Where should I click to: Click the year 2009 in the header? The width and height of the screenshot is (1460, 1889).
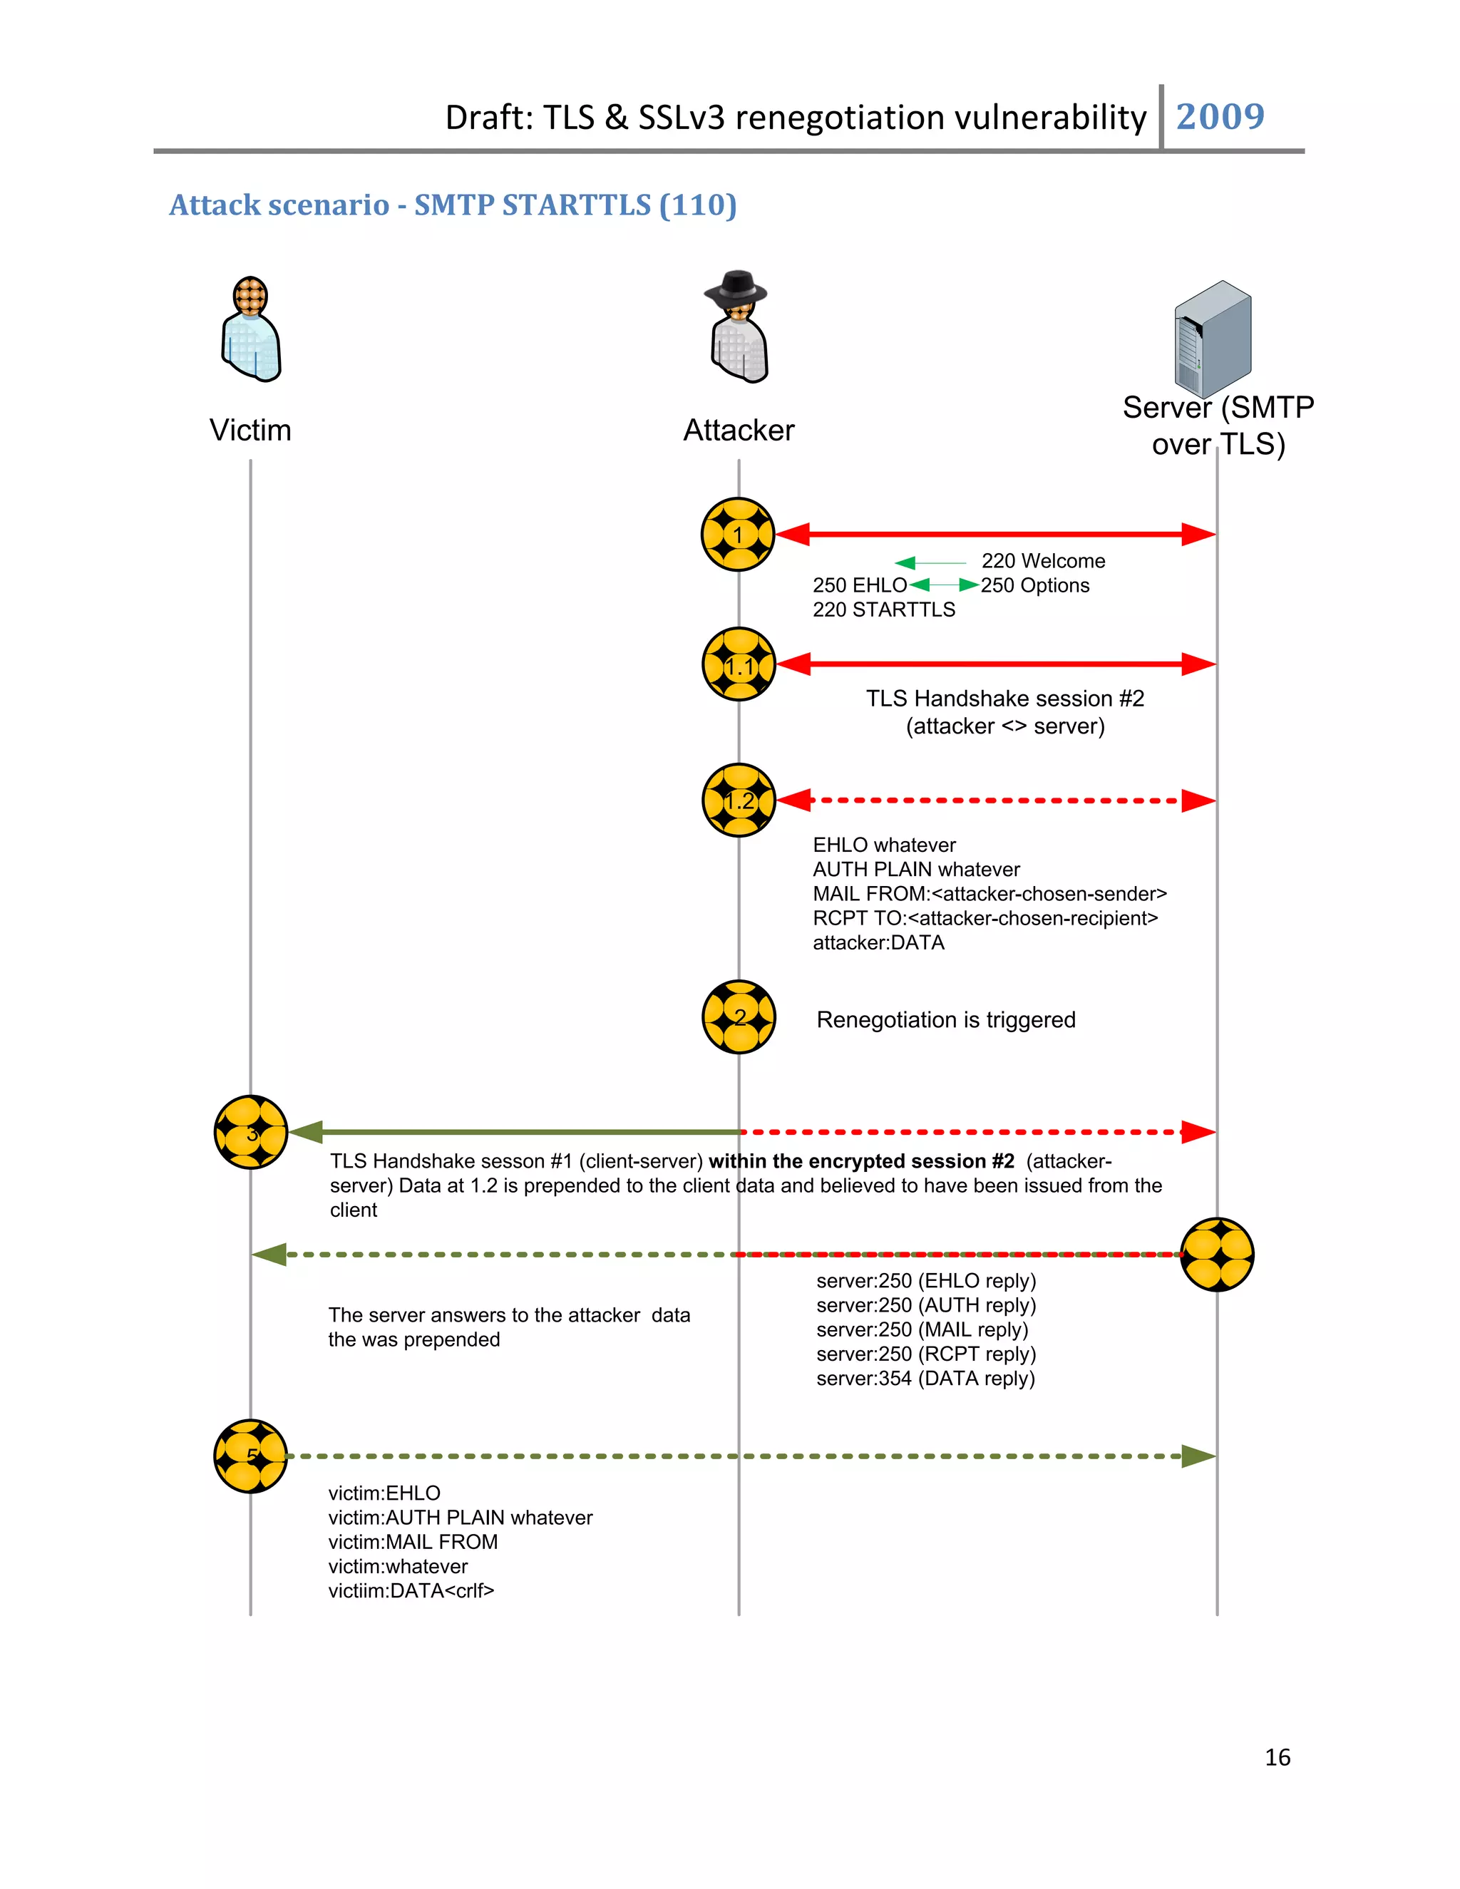click(x=1220, y=117)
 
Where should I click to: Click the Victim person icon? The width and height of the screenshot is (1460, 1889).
click(x=251, y=331)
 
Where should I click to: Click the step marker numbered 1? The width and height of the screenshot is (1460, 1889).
click(x=738, y=535)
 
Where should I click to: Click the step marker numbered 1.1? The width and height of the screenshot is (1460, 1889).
click(x=739, y=664)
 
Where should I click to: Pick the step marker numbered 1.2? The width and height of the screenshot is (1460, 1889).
click(x=739, y=800)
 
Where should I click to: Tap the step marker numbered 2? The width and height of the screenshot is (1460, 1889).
click(x=739, y=1017)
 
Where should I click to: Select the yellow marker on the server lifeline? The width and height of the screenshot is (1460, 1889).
click(x=1217, y=1254)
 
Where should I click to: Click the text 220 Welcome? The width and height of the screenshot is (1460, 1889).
click(x=1043, y=561)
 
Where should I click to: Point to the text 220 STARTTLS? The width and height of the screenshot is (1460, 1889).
click(x=884, y=609)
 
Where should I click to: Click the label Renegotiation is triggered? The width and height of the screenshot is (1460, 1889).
click(x=945, y=1020)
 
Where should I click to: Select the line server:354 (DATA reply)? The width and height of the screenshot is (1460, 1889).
click(x=925, y=1379)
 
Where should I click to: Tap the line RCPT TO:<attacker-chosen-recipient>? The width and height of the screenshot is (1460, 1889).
click(x=985, y=919)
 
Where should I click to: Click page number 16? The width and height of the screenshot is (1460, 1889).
click(x=1277, y=1758)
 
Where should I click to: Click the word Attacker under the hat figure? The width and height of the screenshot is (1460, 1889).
click(x=739, y=430)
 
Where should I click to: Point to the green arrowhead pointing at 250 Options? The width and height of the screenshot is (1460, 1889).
click(x=969, y=585)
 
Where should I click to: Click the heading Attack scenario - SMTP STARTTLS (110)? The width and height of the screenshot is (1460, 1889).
click(x=453, y=205)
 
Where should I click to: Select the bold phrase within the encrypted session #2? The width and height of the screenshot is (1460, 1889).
click(x=861, y=1162)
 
